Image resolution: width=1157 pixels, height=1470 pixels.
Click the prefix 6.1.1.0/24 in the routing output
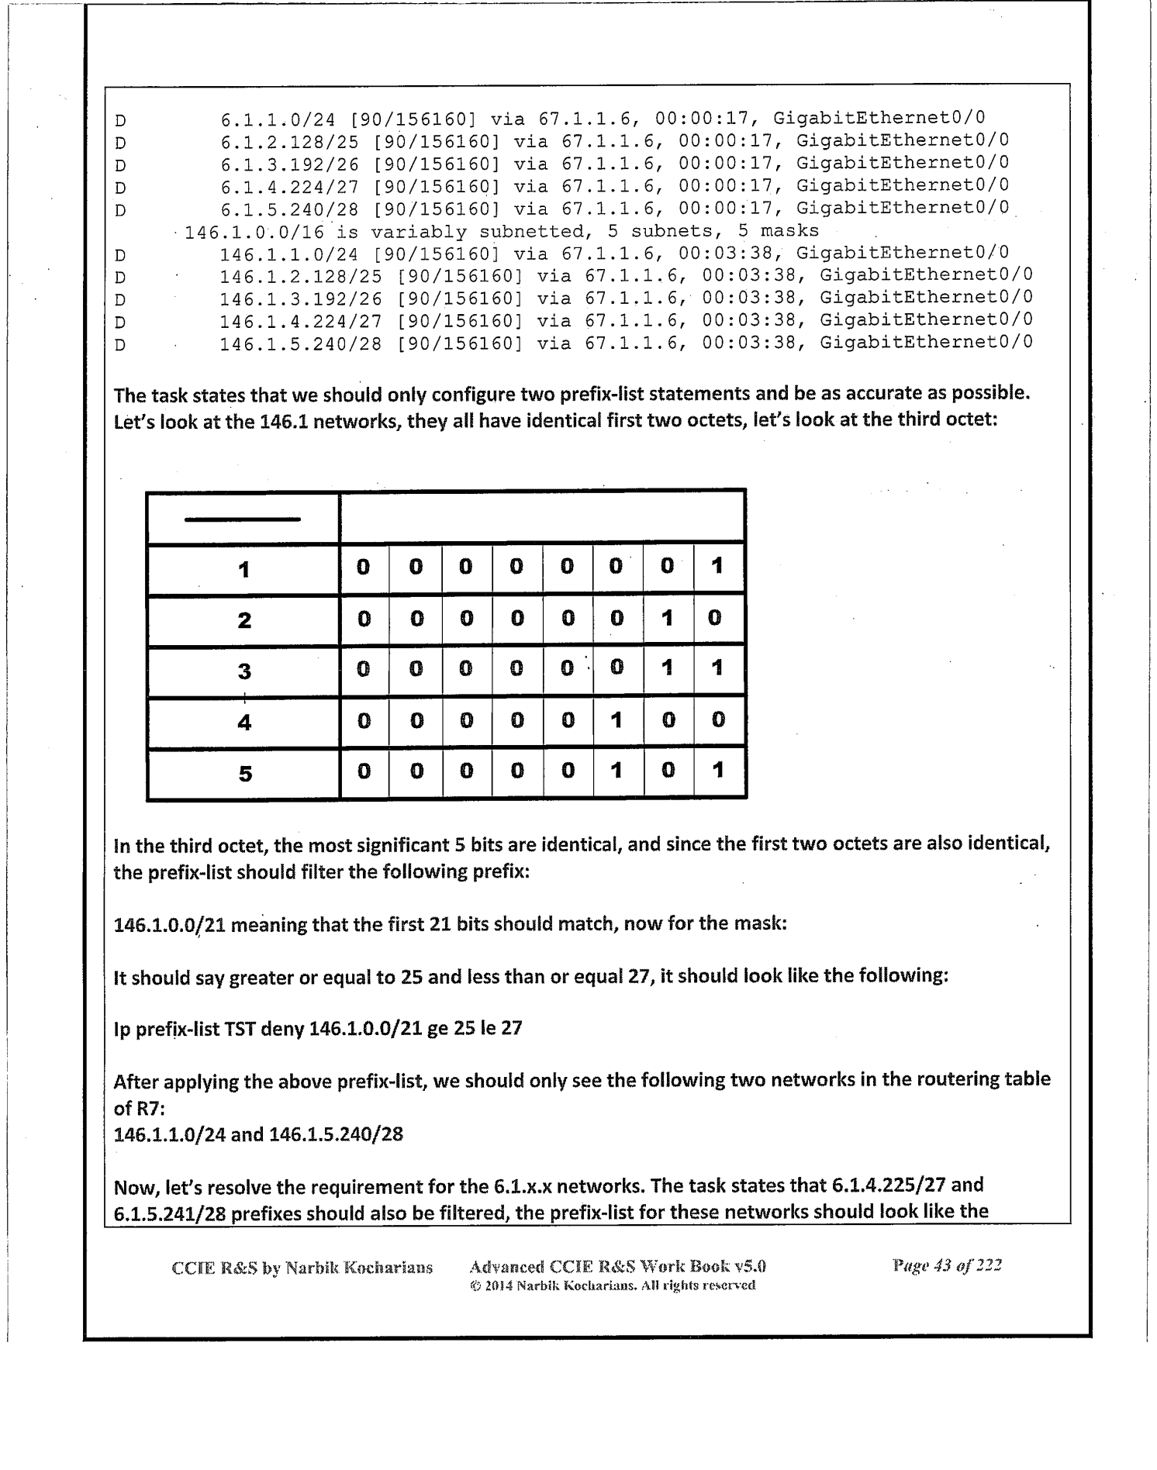point(278,119)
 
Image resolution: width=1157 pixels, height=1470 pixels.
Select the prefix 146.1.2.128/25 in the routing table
point(301,276)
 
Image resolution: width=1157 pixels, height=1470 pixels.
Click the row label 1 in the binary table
point(243,570)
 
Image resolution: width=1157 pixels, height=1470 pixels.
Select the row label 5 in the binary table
point(244,773)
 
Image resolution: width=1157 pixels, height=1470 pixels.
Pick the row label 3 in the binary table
point(244,671)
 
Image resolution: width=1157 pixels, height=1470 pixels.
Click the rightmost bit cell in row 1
point(717,567)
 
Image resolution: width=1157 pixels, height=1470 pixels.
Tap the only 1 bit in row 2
point(667,618)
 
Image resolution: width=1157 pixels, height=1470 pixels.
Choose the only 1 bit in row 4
point(616,720)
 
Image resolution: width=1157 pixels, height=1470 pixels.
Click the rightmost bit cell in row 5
point(717,771)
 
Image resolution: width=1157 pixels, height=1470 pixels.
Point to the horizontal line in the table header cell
point(243,519)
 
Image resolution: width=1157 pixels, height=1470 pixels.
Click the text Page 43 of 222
point(948,1265)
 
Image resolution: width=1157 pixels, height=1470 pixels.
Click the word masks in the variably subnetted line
point(789,232)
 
